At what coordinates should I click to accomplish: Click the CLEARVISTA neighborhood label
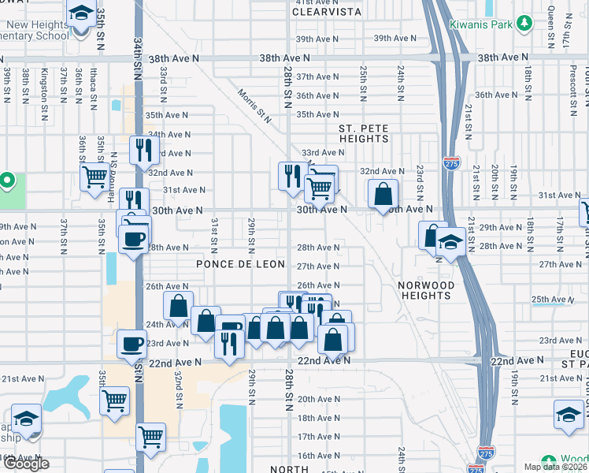(x=327, y=12)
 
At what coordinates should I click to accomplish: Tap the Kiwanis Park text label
(x=481, y=24)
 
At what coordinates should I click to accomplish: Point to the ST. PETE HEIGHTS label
(x=364, y=133)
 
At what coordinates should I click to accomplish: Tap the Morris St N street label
(x=255, y=106)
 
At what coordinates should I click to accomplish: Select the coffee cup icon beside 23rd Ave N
(x=132, y=343)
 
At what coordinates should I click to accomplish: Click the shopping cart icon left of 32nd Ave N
(x=95, y=176)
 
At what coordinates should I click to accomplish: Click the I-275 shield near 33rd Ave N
(x=451, y=163)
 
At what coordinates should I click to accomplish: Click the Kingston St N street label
(x=46, y=85)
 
